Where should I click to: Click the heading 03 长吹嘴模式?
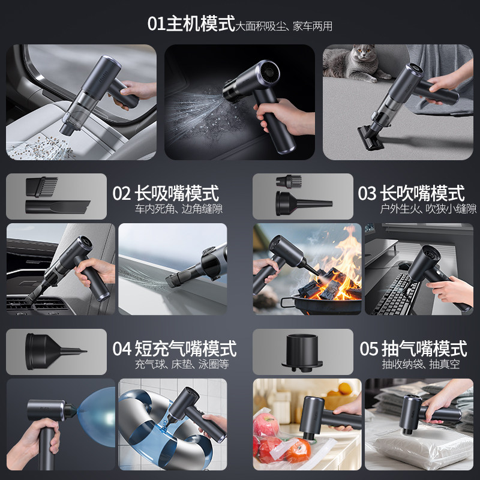tap(411, 194)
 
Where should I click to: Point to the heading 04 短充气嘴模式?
tap(174, 348)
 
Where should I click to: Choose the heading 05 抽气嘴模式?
tap(413, 348)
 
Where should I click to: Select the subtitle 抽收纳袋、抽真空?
tap(419, 364)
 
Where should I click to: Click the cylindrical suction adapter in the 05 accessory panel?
tap(303, 351)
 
